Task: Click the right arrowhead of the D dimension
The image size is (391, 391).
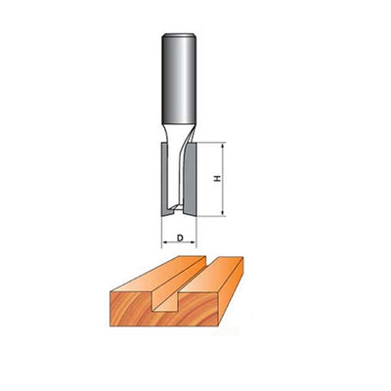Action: click(195, 239)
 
